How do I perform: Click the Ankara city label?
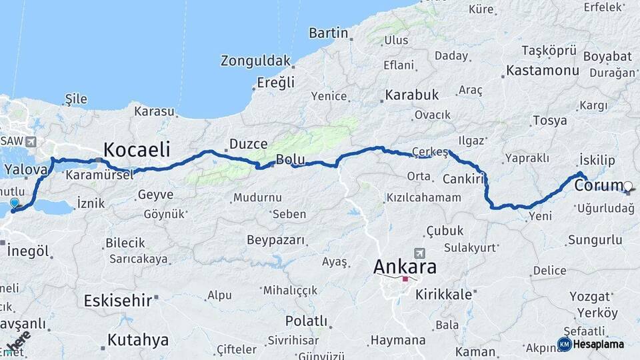tap(405, 267)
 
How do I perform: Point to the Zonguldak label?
tap(256, 61)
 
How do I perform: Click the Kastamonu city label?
tap(542, 70)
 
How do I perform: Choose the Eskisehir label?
tap(118, 301)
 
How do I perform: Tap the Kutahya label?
tap(138, 340)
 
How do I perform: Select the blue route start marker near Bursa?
tap(14, 203)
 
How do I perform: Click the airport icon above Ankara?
tap(419, 253)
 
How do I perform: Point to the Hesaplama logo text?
tap(599, 344)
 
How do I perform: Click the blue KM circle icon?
tap(564, 344)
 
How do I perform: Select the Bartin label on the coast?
tap(329, 33)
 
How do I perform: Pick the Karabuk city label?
tap(412, 95)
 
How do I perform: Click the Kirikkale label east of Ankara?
tap(443, 294)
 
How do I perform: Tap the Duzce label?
tap(248, 143)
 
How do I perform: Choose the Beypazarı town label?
tap(275, 240)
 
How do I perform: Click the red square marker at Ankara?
tap(405, 279)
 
